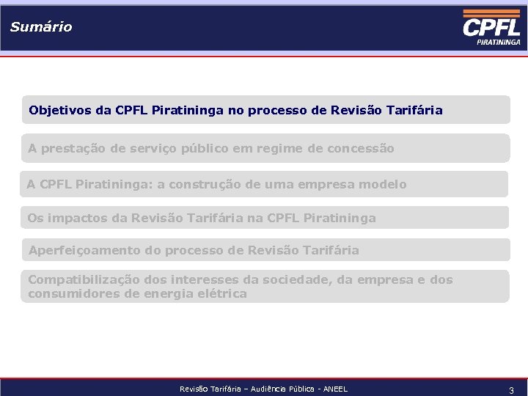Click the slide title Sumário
click(41, 27)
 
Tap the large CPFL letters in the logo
click(491, 28)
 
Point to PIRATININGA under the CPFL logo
click(499, 43)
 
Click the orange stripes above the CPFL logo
click(491, 13)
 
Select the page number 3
click(511, 389)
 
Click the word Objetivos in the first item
click(60, 111)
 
